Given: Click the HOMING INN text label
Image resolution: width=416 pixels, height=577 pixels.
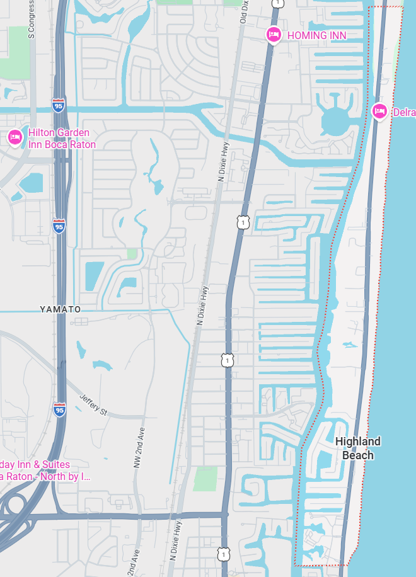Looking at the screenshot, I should pyautogui.click(x=316, y=35).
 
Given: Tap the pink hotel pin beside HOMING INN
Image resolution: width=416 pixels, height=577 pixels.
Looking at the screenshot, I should pyautogui.click(x=273, y=35).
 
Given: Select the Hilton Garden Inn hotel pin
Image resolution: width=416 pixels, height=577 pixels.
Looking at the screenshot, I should pyautogui.click(x=14, y=137).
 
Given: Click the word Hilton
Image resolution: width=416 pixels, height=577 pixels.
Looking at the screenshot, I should pyautogui.click(x=42, y=134).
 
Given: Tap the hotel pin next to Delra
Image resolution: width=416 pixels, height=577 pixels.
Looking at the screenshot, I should pyautogui.click(x=379, y=111).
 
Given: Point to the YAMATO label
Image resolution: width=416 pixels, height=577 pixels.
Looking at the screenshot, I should pyautogui.click(x=61, y=309).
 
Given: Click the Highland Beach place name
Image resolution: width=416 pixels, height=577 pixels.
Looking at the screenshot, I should pyautogui.click(x=358, y=448).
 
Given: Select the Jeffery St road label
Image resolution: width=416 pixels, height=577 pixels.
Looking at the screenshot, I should pyautogui.click(x=94, y=404).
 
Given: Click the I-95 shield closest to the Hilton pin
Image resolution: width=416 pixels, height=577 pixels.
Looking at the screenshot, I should pyautogui.click(x=58, y=105).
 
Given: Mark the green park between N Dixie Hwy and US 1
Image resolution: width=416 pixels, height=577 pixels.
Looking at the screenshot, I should pyautogui.click(x=205, y=479).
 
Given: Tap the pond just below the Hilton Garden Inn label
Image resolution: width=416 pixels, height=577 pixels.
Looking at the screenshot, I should pyautogui.click(x=32, y=183).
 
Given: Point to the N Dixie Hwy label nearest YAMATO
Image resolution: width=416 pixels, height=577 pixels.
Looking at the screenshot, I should pyautogui.click(x=202, y=306).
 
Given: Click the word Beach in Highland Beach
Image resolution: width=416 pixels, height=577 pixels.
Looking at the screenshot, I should pyautogui.click(x=358, y=455).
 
